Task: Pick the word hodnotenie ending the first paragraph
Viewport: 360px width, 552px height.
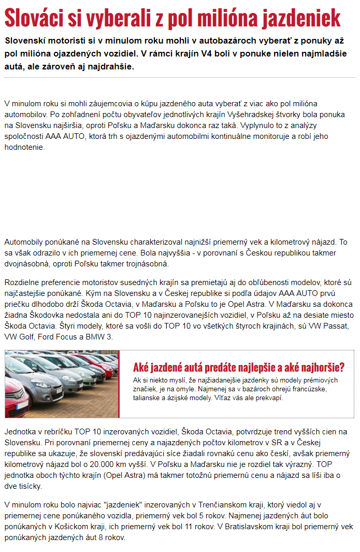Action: [x=25, y=147]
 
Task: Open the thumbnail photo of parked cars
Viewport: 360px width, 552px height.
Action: [x=62, y=384]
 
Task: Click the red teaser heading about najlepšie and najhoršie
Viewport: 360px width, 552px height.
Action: [x=239, y=367]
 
